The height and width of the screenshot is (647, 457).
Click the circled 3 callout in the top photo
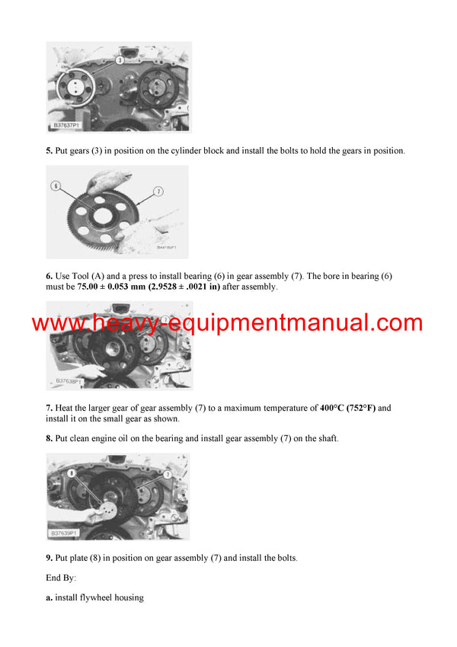click(120, 59)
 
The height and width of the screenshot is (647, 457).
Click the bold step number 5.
click(49, 151)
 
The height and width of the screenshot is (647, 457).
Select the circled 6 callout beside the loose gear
click(56, 185)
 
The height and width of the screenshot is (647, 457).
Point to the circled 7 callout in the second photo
click(158, 192)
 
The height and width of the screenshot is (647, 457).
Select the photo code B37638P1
click(69, 381)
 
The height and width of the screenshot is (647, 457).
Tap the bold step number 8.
click(49, 439)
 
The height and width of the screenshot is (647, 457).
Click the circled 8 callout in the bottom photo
click(72, 472)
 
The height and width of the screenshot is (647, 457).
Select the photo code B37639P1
click(69, 533)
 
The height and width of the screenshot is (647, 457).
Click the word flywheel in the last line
click(97, 598)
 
